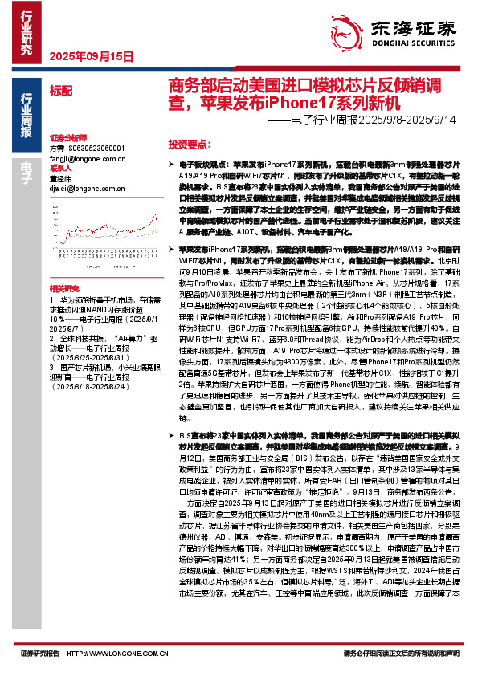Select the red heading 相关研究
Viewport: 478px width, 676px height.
point(63,287)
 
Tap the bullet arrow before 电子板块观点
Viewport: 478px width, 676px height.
point(173,162)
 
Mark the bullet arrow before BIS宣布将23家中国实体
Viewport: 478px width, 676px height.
point(173,434)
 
